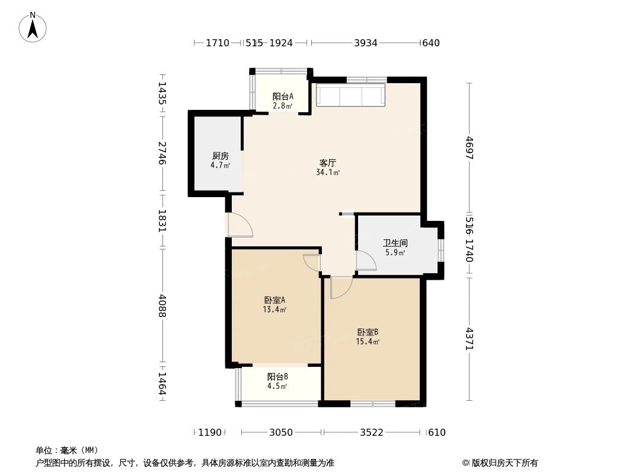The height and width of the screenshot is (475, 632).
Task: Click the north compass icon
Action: pyautogui.click(x=33, y=26)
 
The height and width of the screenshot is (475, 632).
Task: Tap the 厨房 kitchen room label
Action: pyautogui.click(x=220, y=156)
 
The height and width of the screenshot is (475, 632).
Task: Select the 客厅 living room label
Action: pyautogui.click(x=328, y=162)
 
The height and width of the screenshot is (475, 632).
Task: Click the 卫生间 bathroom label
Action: pyautogui.click(x=395, y=243)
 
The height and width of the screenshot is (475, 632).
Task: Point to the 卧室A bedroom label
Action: pyautogui.click(x=275, y=300)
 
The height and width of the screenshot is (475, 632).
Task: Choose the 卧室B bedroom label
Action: pyautogui.click(x=368, y=332)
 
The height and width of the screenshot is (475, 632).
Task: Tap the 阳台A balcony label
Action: pyautogui.click(x=283, y=96)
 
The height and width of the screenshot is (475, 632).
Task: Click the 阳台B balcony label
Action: pyautogui.click(x=277, y=376)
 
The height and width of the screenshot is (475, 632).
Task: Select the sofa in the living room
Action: pyautogui.click(x=351, y=96)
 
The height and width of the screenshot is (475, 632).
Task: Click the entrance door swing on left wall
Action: pyautogui.click(x=240, y=225)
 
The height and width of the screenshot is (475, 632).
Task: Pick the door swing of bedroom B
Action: pyautogui.click(x=341, y=287)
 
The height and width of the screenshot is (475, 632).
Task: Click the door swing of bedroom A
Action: pyautogui.click(x=312, y=262)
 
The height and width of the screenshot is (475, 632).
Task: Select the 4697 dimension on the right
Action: pyautogui.click(x=469, y=148)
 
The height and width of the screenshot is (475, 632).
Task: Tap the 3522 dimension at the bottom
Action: pyautogui.click(x=371, y=432)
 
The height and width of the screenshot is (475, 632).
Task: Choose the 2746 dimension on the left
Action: pyautogui.click(x=162, y=154)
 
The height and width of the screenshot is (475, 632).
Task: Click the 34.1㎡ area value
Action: pyautogui.click(x=328, y=173)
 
